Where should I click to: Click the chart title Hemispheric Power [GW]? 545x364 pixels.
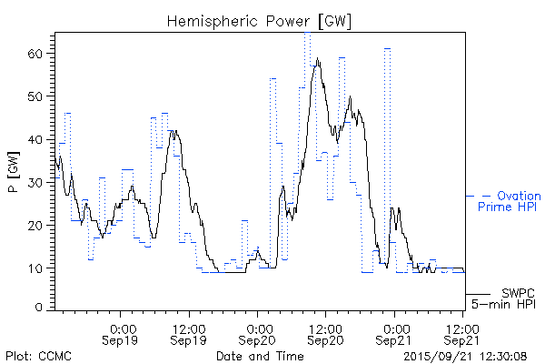click(x=260, y=20)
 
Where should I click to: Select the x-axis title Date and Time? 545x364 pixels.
click(x=259, y=354)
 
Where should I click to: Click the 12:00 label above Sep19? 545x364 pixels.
click(x=188, y=328)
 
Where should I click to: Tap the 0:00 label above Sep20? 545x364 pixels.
click(x=258, y=328)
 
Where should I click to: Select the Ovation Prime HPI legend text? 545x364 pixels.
click(x=508, y=201)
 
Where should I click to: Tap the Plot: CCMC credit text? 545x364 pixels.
click(x=38, y=354)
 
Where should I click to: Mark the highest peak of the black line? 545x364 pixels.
click(x=318, y=60)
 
